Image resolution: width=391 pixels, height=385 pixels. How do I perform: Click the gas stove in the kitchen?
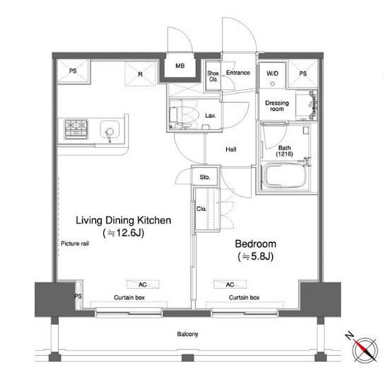coord(76,130)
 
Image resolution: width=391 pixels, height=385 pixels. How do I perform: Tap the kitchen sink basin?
coord(110,130)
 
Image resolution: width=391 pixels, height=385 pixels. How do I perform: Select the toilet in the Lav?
coord(183,115)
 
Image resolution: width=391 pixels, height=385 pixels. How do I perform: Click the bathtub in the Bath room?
coord(284,176)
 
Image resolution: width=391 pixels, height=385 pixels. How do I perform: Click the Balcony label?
coord(187,334)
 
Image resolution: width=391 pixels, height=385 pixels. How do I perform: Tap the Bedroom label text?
coord(255,243)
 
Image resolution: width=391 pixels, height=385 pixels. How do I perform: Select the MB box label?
coord(180,66)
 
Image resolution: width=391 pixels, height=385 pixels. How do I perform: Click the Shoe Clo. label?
coord(213,76)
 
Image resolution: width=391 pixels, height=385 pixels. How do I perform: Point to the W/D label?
coord(272,74)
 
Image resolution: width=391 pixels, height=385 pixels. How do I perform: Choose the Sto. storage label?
coord(205,177)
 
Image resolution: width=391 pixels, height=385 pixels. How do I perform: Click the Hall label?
coord(231,149)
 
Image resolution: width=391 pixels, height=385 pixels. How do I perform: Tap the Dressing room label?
coord(276,106)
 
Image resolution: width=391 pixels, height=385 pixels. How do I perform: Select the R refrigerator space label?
coord(141,74)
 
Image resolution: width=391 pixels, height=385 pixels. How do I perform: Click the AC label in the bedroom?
coord(230,285)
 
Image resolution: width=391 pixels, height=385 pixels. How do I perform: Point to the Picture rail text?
coord(75,243)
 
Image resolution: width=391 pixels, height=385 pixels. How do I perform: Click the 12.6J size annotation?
coord(124,233)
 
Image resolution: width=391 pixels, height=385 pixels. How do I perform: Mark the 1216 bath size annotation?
coord(284,154)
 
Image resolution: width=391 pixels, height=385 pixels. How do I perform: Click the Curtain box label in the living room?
coord(129,297)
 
